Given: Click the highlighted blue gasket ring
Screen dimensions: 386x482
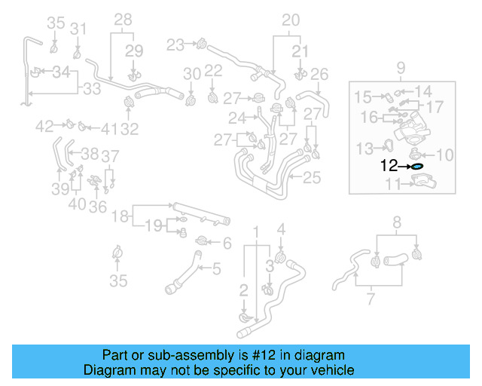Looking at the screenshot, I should tap(417, 165).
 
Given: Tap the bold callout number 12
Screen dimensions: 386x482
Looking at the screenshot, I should tap(389, 165).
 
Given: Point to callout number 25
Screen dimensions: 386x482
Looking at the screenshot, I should tap(313, 179).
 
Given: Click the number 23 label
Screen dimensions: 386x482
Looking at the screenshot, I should tap(175, 45).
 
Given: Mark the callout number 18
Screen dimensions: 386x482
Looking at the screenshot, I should tap(120, 217).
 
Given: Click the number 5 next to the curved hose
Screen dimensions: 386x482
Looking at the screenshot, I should tap(216, 268).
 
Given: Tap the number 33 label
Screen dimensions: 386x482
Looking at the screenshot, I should tap(92, 89).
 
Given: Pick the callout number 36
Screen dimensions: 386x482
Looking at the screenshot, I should tap(97, 206).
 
